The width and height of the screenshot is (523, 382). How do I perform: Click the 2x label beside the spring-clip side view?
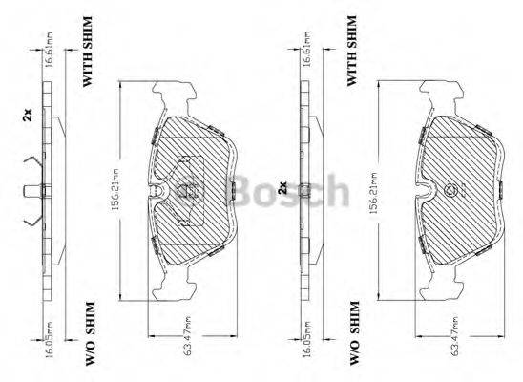28,116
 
